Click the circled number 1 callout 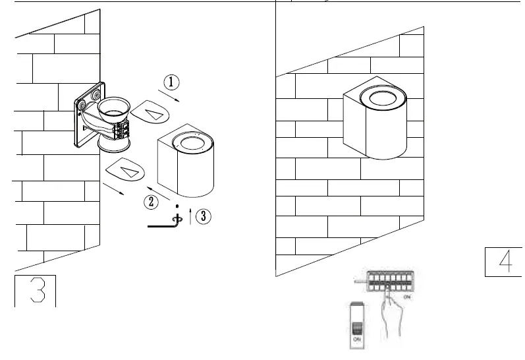tap(171, 82)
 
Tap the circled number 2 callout tap(152, 202)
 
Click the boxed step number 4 tap(504, 262)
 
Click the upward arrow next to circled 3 tap(190, 216)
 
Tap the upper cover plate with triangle tap(150, 113)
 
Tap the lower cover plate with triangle tap(124, 170)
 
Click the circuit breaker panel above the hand tap(389, 281)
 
